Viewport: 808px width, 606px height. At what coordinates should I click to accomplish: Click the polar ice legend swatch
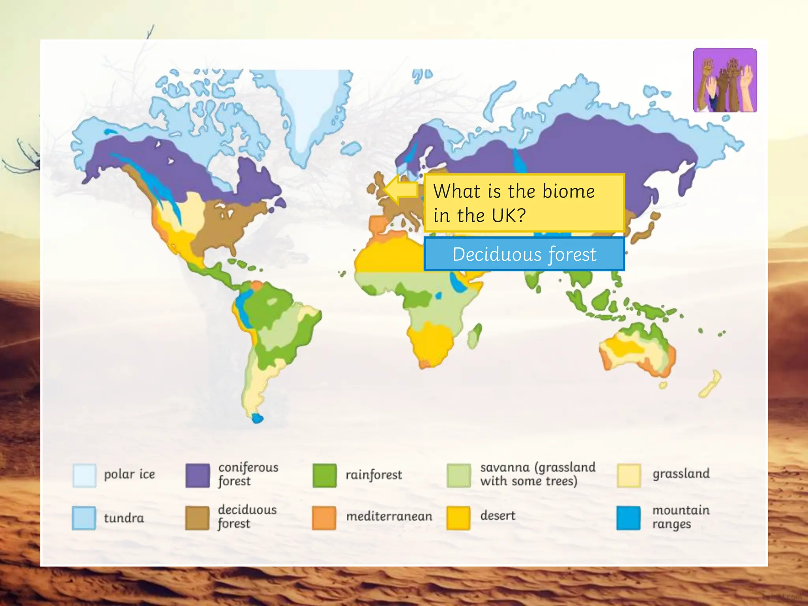tap(84, 475)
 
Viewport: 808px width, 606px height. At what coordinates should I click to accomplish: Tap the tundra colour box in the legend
tap(84, 518)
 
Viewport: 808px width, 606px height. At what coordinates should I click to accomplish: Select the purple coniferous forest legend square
tap(197, 475)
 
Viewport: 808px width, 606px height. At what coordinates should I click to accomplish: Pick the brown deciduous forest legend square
tap(197, 518)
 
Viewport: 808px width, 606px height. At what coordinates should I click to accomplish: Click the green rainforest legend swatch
tap(324, 475)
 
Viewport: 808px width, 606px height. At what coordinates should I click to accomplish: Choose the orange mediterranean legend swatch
tap(324, 518)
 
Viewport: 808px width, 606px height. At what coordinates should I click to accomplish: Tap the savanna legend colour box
tap(458, 475)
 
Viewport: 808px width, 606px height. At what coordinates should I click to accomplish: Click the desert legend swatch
tap(458, 518)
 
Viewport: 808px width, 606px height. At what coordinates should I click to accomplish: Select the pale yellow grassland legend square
tap(628, 475)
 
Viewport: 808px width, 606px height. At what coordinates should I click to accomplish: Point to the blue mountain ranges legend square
tap(628, 518)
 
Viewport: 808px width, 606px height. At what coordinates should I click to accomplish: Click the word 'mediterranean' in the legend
tap(389, 516)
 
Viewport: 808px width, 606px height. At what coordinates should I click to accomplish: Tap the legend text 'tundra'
tap(124, 518)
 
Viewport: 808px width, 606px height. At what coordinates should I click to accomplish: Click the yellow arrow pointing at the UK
tap(400, 189)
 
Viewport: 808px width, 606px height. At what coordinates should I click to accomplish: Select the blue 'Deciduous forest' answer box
tap(524, 254)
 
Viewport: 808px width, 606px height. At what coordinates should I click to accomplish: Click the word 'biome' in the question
tap(568, 191)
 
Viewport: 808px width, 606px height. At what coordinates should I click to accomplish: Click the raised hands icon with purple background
tap(725, 80)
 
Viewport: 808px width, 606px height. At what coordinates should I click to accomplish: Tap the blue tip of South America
tap(258, 418)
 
